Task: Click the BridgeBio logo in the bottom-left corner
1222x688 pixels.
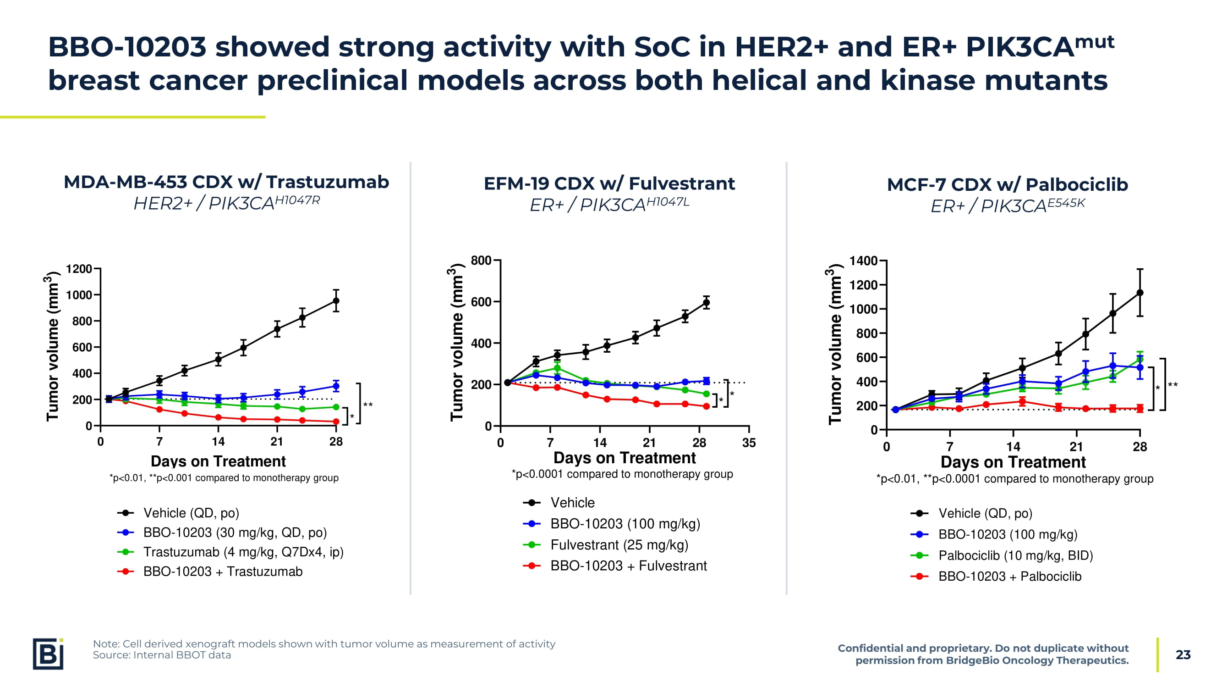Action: coord(48,654)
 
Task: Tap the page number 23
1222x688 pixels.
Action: coord(1183,655)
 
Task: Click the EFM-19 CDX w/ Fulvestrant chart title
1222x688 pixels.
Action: coord(609,184)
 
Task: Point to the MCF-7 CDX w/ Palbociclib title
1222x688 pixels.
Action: coord(1007,185)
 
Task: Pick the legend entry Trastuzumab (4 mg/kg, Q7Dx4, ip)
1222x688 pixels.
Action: coord(243,552)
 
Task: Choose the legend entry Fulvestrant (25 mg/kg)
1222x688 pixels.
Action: coord(619,544)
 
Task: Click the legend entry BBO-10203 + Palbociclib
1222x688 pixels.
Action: coord(1009,576)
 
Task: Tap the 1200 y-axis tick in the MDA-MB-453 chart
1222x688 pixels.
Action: coord(79,269)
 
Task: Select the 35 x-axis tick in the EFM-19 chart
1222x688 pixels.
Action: coord(749,443)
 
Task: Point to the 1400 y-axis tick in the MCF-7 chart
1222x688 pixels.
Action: coord(863,261)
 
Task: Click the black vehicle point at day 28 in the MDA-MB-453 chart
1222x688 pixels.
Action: coord(336,300)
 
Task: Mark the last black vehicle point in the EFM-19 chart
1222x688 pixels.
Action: coord(707,302)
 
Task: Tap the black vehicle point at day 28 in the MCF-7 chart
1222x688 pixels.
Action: coord(1140,293)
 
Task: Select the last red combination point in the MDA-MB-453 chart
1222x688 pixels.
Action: coord(336,421)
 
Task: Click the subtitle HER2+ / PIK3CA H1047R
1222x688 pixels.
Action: coord(226,203)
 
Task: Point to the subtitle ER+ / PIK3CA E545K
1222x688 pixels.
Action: coord(1007,205)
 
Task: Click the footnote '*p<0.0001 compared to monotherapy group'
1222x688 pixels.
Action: coord(622,474)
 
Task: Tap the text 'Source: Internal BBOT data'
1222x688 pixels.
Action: coord(162,655)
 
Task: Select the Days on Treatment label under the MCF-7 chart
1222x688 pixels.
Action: coord(1013,462)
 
